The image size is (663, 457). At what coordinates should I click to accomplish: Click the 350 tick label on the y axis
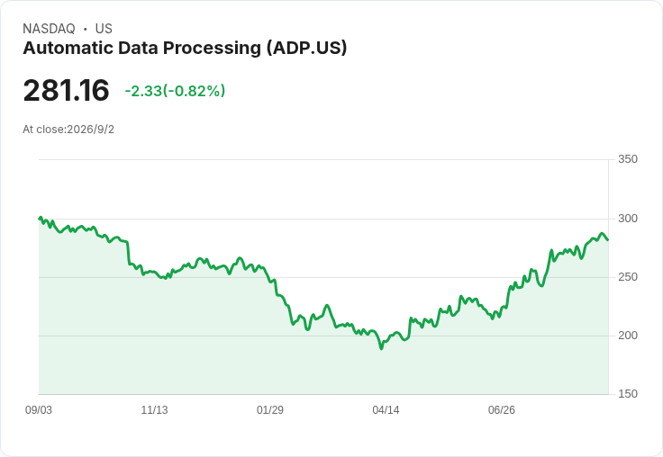pyautogui.click(x=628, y=159)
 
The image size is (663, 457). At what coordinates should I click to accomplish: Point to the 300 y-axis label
pyautogui.click(x=628, y=219)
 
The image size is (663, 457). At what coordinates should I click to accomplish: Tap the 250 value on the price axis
pyautogui.click(x=628, y=277)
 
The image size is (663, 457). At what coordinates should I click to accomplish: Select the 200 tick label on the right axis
pyautogui.click(x=628, y=336)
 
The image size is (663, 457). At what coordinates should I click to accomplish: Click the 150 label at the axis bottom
pyautogui.click(x=628, y=394)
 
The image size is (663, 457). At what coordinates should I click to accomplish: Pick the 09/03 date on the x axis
pyautogui.click(x=39, y=410)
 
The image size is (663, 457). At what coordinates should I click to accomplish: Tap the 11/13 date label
pyautogui.click(x=154, y=410)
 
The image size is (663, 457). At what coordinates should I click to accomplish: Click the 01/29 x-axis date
pyautogui.click(x=269, y=410)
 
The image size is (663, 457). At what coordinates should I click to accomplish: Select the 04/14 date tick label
pyautogui.click(x=386, y=410)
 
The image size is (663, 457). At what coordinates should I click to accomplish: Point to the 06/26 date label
pyautogui.click(x=502, y=410)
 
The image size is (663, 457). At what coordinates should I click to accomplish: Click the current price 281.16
pyautogui.click(x=67, y=90)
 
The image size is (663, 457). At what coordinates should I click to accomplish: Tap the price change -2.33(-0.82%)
pyautogui.click(x=175, y=91)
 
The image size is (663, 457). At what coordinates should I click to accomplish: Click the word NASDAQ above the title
pyautogui.click(x=49, y=29)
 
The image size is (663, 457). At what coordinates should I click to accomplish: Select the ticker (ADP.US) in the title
pyautogui.click(x=306, y=48)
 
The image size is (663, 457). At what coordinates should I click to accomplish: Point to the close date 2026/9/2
pyautogui.click(x=90, y=130)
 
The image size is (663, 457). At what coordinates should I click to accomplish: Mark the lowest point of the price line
pyautogui.click(x=381, y=348)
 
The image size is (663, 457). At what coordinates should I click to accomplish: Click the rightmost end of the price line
pyautogui.click(x=608, y=240)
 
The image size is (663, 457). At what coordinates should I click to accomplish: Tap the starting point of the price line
pyautogui.click(x=40, y=219)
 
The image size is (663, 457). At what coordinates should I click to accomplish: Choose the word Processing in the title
pyautogui.click(x=213, y=49)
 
